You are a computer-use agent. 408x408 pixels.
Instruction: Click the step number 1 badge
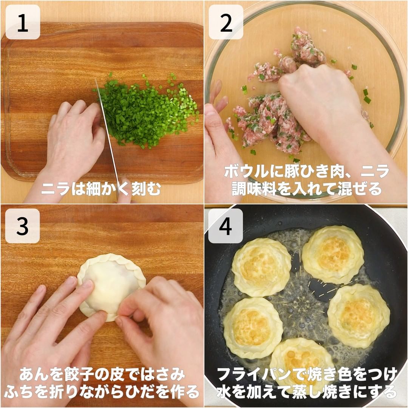(x=23, y=22)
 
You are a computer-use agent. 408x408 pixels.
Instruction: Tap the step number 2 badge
(x=226, y=22)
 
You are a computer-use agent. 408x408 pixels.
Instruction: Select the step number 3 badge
(x=23, y=226)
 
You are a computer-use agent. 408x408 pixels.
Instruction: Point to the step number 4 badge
(x=226, y=226)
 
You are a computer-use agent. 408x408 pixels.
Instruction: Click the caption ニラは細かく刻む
(x=101, y=189)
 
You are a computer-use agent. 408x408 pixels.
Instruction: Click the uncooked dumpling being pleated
(x=111, y=286)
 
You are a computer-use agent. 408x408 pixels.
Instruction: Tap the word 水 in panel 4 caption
(x=224, y=392)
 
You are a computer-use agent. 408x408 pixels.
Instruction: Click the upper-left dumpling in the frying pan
(x=261, y=267)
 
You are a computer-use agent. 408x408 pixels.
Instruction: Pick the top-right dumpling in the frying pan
(x=333, y=254)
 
